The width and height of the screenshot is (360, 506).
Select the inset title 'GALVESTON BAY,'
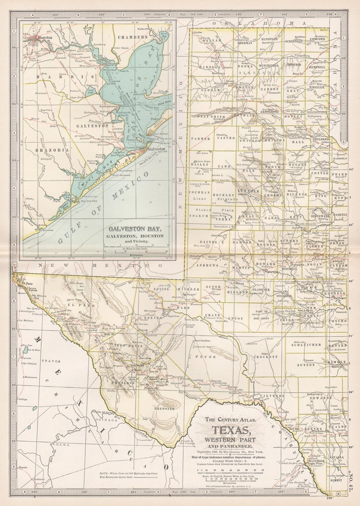[x=135, y=229]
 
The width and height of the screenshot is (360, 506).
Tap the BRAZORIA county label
[x=52, y=150]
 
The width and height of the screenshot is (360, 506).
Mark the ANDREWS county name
[x=207, y=265]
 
